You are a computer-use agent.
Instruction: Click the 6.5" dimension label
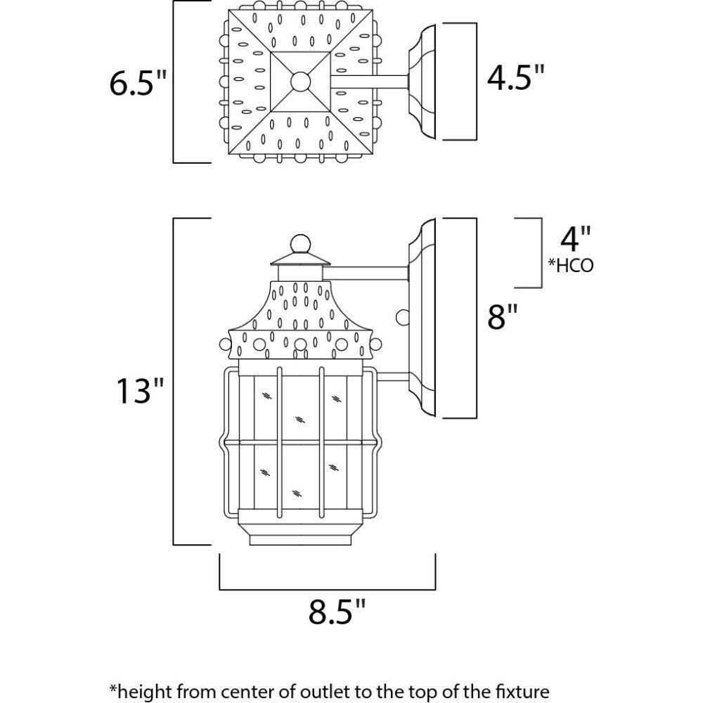click(137, 85)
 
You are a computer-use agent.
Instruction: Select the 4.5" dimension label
click(516, 79)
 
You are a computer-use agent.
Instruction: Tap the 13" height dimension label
click(140, 391)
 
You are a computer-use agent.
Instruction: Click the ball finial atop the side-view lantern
click(301, 243)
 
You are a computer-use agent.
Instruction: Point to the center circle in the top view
click(301, 82)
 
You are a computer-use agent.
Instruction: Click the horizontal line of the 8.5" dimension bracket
click(328, 589)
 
